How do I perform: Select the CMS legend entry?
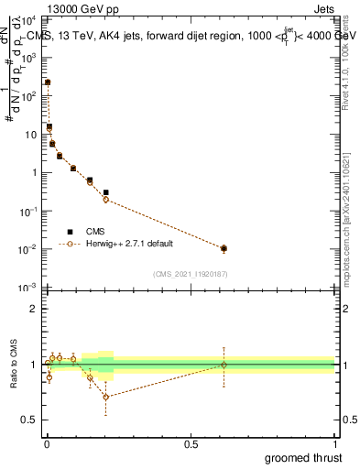tap(96, 232)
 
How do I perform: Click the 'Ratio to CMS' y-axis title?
tap(15, 365)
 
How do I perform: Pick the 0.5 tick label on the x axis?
tap(191, 444)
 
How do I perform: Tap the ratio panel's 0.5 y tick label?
tap(30, 420)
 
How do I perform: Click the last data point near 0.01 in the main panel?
tap(224, 248)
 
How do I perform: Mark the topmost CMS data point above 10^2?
tap(48, 82)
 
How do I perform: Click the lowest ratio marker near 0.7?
tap(106, 397)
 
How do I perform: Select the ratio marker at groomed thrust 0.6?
tap(224, 365)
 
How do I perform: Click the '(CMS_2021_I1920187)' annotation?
tap(191, 273)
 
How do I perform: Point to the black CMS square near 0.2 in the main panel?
tap(106, 192)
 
